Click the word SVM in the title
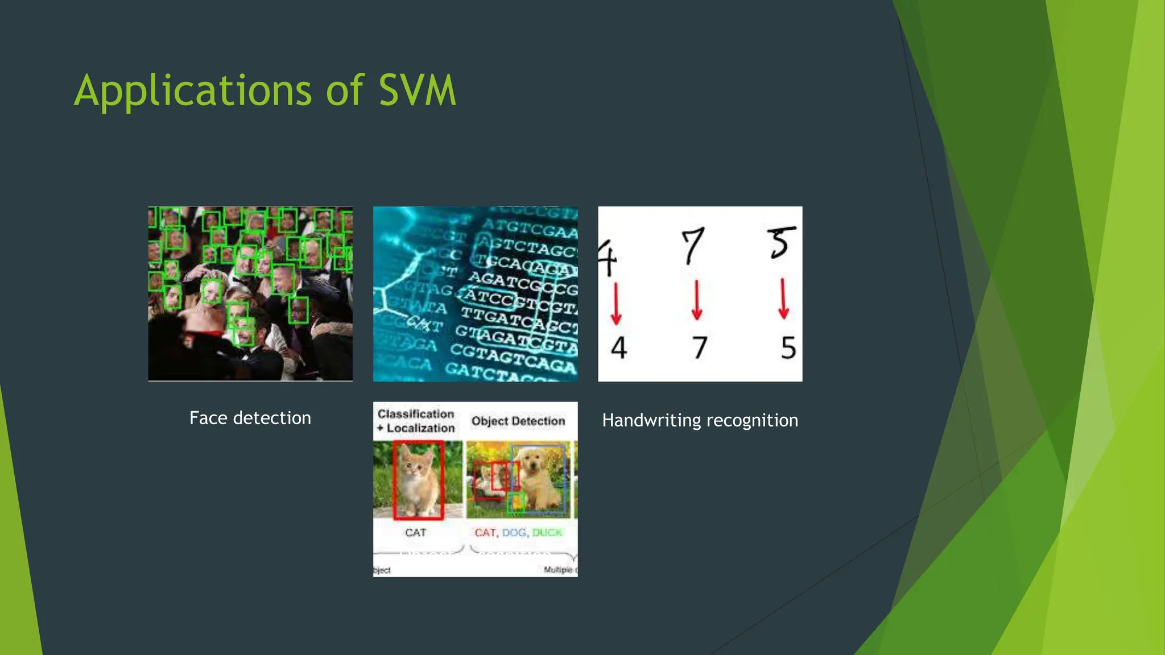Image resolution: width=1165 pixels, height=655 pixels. point(417,91)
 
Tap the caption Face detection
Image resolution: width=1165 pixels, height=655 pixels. point(250,418)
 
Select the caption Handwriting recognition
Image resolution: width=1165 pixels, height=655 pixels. point(700,420)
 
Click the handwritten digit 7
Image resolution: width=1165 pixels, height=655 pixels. point(693,245)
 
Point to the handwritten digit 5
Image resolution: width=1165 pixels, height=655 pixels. point(780,242)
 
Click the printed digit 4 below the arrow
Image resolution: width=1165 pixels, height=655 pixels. point(619,347)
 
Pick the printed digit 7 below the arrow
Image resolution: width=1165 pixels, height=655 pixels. point(699,347)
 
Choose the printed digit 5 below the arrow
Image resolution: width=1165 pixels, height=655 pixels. point(788,347)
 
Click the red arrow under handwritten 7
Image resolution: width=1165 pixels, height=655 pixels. point(697,300)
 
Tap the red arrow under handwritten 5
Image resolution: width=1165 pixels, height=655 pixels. point(783,299)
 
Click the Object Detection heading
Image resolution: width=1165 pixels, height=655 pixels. point(518,421)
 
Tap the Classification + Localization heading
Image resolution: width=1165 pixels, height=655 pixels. point(416,421)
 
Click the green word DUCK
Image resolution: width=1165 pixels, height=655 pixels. point(547,533)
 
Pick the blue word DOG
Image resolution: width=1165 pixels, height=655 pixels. point(514,533)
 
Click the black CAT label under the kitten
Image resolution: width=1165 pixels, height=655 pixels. point(415,533)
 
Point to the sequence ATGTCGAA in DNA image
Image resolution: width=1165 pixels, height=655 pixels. point(529,229)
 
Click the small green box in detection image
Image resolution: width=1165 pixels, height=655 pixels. point(517,502)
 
